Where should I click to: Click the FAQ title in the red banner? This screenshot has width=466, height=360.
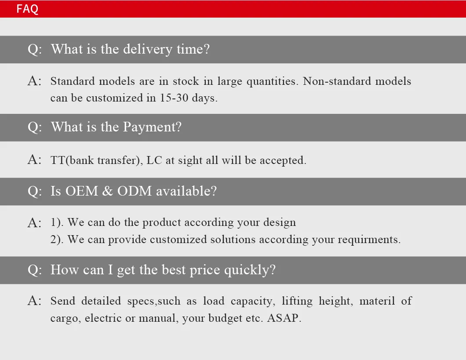[x=27, y=9]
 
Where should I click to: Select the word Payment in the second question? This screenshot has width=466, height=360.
[x=152, y=127]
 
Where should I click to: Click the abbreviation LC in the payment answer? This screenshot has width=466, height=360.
[x=154, y=160]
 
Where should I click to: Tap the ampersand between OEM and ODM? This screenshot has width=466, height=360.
[x=108, y=191]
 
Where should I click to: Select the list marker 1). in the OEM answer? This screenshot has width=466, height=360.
[x=57, y=222]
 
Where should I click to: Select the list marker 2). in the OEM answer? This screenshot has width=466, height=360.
[x=57, y=240]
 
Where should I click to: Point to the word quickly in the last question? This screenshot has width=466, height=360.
[x=250, y=269]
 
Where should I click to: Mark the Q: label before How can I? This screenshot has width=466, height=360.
[x=35, y=269]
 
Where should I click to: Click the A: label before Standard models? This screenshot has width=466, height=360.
[x=34, y=81]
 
